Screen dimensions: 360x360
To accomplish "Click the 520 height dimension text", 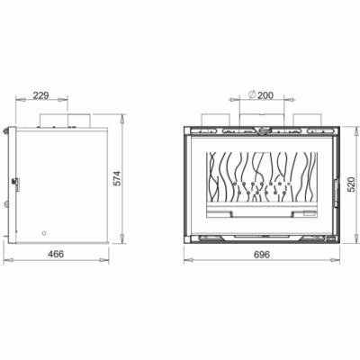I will (351, 185).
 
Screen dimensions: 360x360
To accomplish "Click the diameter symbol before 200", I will (247, 94).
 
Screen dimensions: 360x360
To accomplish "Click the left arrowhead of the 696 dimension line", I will (185, 262).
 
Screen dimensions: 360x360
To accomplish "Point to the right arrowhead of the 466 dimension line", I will (110, 262).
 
